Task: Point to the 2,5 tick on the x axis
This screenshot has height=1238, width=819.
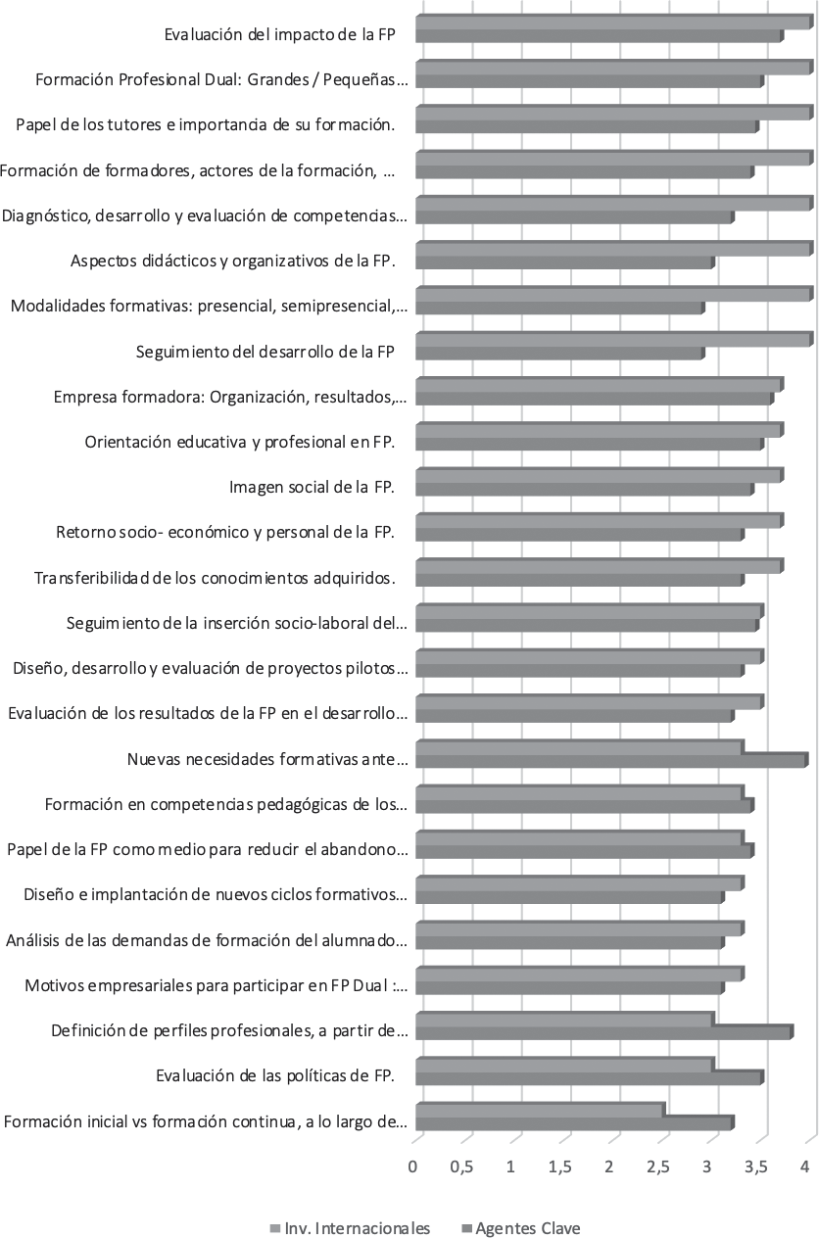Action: (x=659, y=1167)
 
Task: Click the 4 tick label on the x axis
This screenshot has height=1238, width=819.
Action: (x=805, y=1167)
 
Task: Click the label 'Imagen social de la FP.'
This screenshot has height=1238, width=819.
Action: (x=312, y=487)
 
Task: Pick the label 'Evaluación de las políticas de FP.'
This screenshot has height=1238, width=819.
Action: (x=274, y=1077)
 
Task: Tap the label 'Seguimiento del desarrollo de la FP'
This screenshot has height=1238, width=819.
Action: (x=265, y=352)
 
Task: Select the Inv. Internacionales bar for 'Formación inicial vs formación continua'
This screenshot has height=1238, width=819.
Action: (x=540, y=1109)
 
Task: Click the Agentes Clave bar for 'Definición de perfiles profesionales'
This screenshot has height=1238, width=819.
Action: (x=603, y=1032)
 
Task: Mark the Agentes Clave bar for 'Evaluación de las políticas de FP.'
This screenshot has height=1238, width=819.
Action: (x=589, y=1077)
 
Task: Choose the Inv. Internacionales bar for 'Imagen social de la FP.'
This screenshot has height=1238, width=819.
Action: (x=599, y=475)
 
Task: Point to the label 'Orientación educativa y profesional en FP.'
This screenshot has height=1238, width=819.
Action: (x=240, y=442)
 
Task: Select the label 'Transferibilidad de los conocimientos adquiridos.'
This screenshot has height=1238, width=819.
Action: (x=215, y=577)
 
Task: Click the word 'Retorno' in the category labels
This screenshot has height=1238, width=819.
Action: (x=85, y=532)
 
